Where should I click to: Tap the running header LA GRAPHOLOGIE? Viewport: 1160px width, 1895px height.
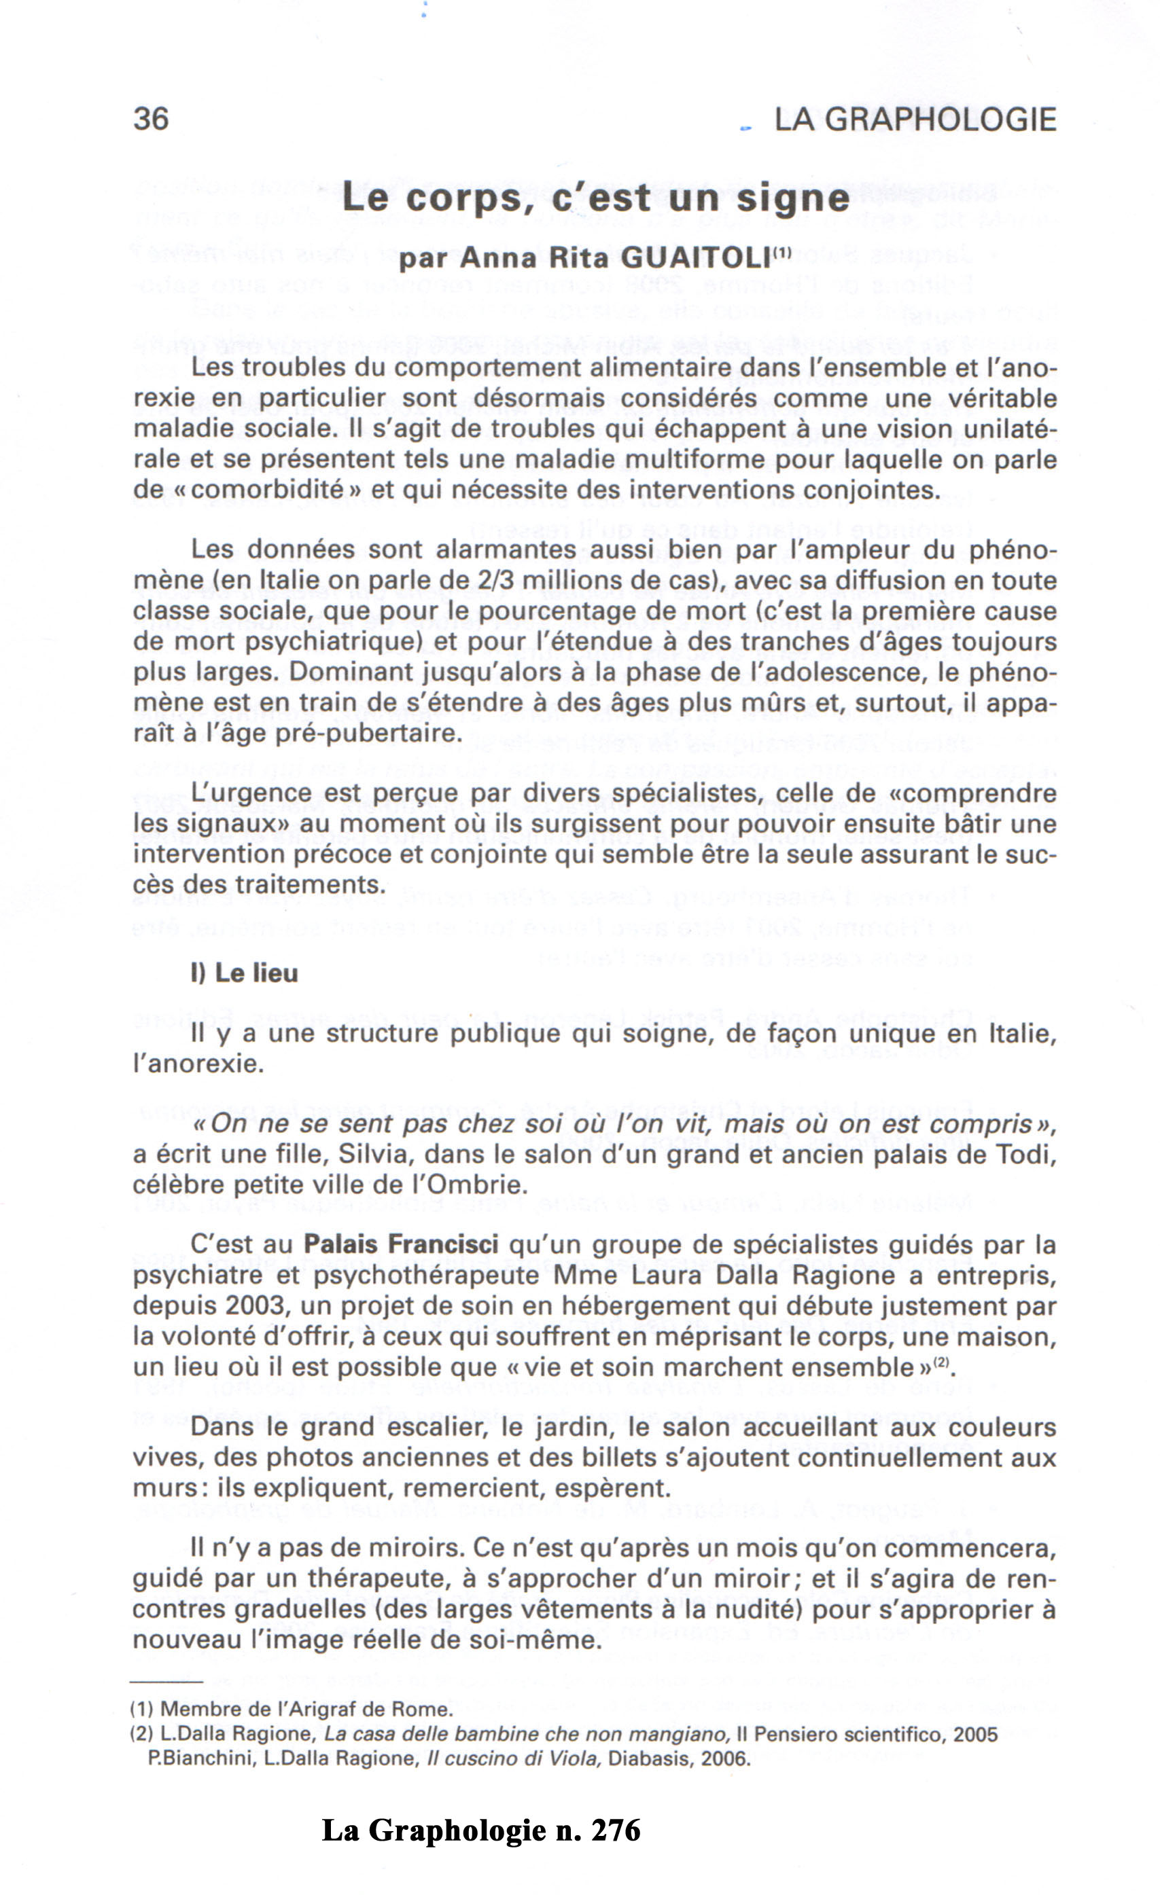coord(915,120)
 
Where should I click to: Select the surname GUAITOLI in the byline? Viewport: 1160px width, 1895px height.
coord(695,258)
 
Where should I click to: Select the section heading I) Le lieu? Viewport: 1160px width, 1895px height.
coord(244,973)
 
